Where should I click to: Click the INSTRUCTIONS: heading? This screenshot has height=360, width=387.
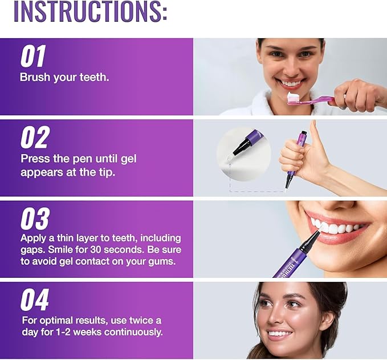(90, 13)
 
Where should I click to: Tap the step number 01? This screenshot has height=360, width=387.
(33, 57)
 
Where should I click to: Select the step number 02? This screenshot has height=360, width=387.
(35, 138)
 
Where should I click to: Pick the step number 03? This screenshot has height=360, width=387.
(35, 219)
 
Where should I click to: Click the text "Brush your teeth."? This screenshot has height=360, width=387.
(64, 78)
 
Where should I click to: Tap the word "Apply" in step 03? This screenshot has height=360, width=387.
(34, 238)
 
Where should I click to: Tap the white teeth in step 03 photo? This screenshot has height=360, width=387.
(336, 227)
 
